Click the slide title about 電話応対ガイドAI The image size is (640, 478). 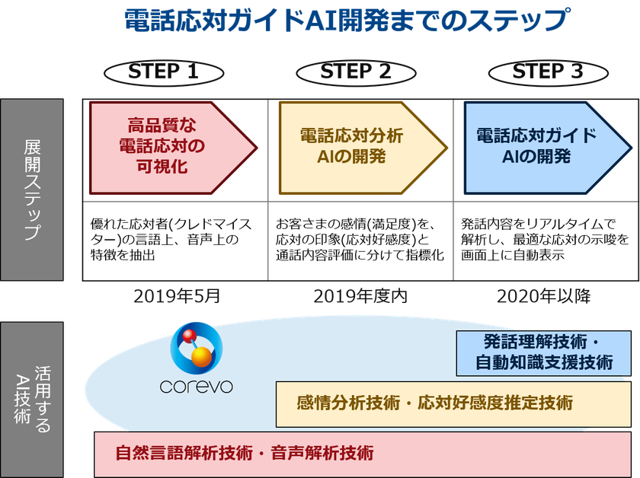347,21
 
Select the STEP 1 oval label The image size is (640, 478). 164,72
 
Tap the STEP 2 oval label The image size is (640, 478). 356,72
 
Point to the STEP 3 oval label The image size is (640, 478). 547,72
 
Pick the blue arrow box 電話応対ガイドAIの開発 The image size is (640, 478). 536,147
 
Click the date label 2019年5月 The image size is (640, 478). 176,297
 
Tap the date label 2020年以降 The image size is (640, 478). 543,297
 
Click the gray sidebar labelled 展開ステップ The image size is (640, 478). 31,190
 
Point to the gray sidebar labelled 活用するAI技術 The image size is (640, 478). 31,400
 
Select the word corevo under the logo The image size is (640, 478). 197,386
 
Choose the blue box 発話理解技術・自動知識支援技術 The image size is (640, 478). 543,353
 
